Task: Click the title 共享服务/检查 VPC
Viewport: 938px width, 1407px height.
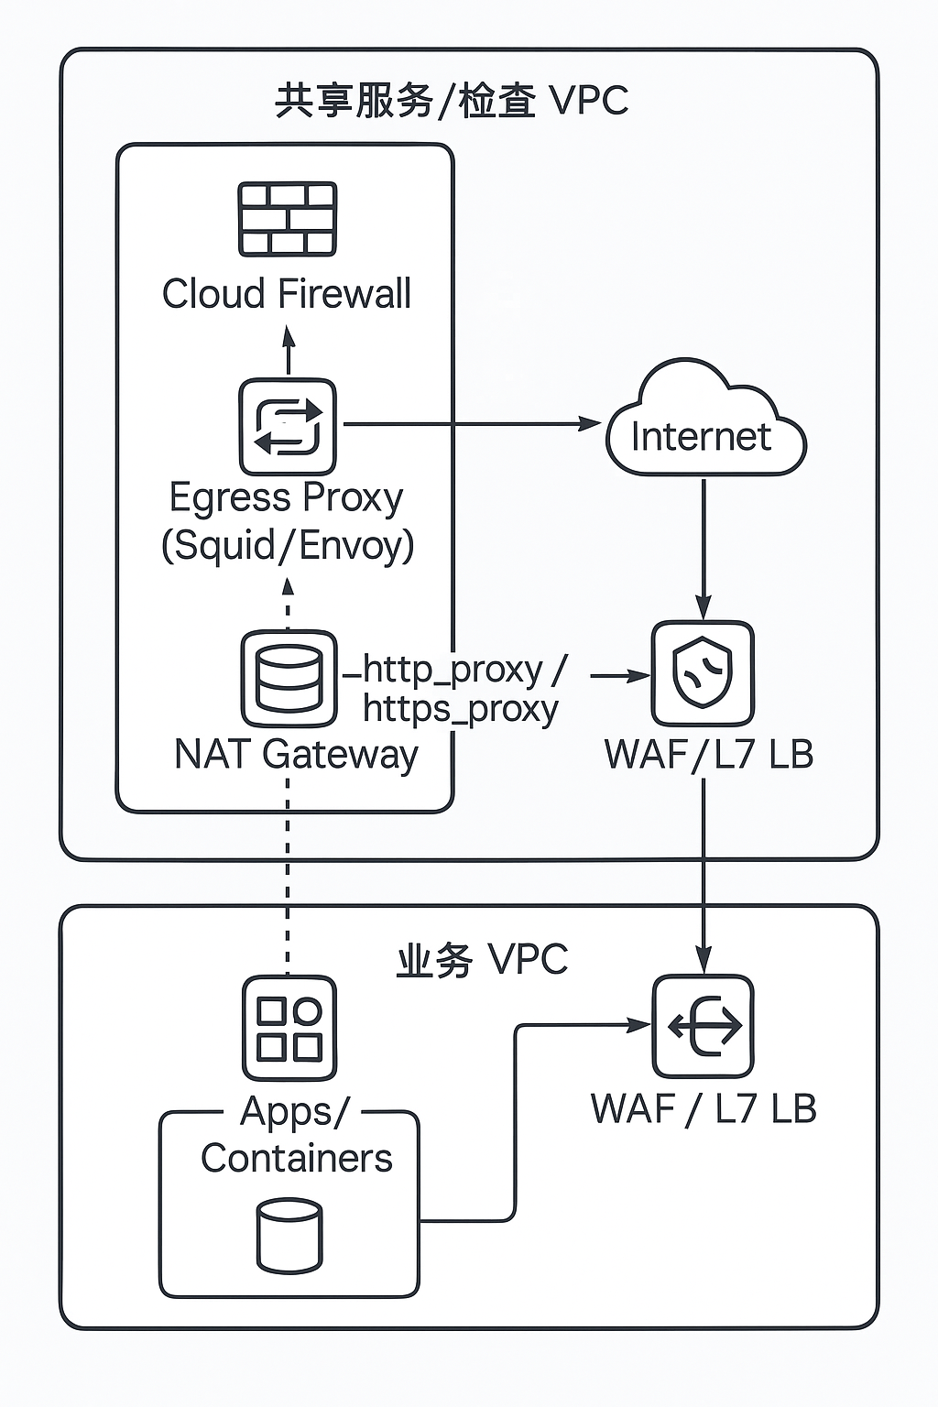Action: click(x=452, y=101)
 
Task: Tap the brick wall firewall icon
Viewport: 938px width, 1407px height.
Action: click(x=288, y=219)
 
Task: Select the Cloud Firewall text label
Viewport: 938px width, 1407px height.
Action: click(x=287, y=294)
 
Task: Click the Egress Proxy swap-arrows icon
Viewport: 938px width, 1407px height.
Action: click(x=288, y=427)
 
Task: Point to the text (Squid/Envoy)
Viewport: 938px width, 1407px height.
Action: click(x=288, y=545)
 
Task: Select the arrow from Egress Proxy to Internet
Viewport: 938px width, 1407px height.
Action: click(x=467, y=424)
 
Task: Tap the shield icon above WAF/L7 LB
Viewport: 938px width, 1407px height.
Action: click(x=703, y=673)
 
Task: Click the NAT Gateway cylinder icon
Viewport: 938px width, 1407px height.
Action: click(x=289, y=679)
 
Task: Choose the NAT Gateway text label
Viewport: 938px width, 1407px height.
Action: click(x=296, y=755)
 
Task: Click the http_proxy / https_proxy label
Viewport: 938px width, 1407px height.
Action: click(x=463, y=689)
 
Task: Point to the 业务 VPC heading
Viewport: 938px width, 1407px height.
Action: click(x=482, y=960)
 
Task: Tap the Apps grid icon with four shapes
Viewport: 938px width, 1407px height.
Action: click(x=289, y=1029)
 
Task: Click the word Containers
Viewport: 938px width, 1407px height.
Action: click(x=296, y=1158)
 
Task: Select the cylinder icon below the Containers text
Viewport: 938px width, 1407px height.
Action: click(x=289, y=1237)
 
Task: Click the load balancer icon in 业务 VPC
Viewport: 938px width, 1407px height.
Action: click(x=703, y=1027)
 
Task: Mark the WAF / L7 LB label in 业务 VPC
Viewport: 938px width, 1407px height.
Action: click(x=703, y=1108)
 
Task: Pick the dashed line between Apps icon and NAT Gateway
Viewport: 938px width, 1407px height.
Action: click(x=288, y=879)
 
